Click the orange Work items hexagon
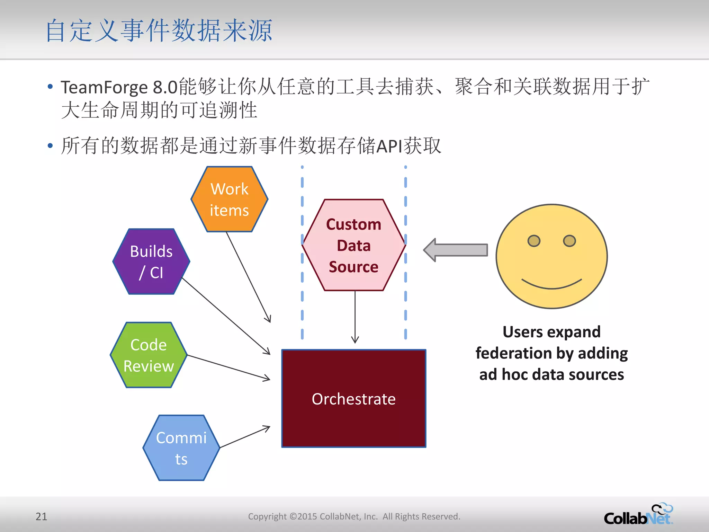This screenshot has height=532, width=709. pyautogui.click(x=229, y=199)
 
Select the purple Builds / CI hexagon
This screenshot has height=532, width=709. pyautogui.click(x=151, y=261)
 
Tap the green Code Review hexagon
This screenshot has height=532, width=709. pyautogui.click(x=149, y=355)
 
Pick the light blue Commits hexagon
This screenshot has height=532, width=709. pyautogui.click(x=181, y=448)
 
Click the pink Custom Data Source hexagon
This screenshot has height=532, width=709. pyautogui.click(x=353, y=245)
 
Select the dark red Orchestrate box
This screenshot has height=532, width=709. pyautogui.click(x=353, y=398)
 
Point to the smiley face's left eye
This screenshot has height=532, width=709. pyautogui.click(x=534, y=241)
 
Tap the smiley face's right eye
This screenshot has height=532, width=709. pyautogui.click(x=569, y=241)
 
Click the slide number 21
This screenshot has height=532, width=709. pyautogui.click(x=41, y=516)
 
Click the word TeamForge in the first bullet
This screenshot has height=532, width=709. pyautogui.click(x=104, y=87)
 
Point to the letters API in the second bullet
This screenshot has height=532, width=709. pyautogui.click(x=389, y=146)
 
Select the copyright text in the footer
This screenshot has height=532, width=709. pyautogui.click(x=354, y=516)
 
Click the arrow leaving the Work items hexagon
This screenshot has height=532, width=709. pyautogui.click(x=248, y=277)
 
